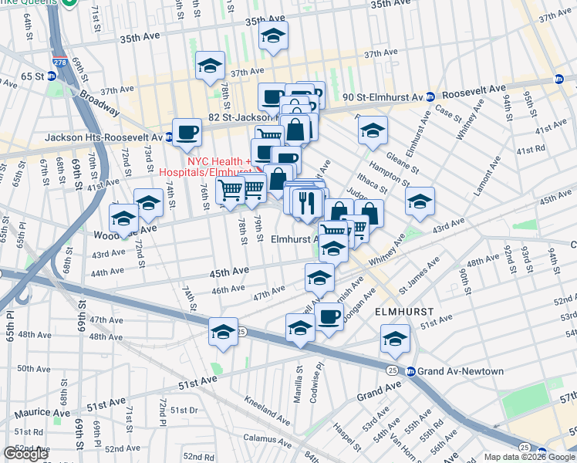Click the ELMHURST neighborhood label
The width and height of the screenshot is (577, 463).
(x=403, y=313)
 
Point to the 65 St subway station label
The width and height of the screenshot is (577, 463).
(x=25, y=76)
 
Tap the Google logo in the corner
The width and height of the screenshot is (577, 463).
(x=25, y=454)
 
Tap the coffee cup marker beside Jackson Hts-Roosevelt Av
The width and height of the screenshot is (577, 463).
(x=187, y=133)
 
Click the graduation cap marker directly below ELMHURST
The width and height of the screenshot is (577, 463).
(x=395, y=337)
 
